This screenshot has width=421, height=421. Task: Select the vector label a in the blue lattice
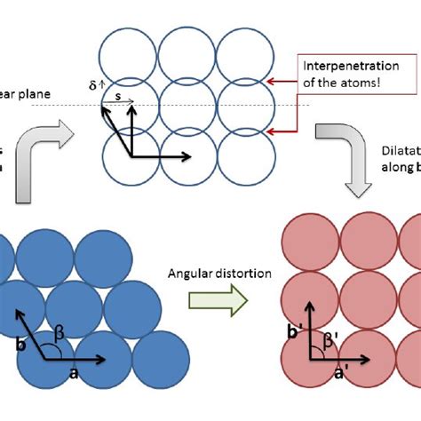[73, 374]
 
